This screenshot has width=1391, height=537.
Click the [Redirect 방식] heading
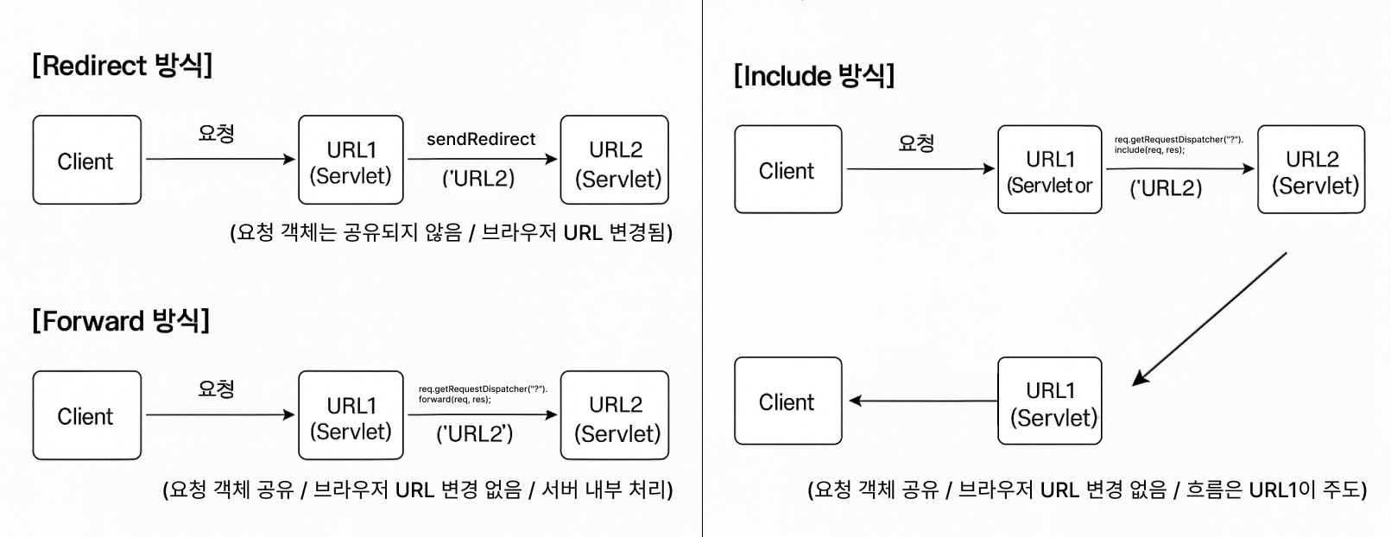[122, 66]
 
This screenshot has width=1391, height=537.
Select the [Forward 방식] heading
[121, 321]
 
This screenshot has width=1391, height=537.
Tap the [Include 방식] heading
[813, 76]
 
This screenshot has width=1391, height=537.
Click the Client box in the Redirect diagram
[86, 161]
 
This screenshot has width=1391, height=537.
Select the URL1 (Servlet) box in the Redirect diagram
[351, 161]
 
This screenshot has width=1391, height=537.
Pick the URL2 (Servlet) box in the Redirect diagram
[615, 161]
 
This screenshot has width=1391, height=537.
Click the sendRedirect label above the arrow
[481, 139]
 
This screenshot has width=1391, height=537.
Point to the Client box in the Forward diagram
[86, 415]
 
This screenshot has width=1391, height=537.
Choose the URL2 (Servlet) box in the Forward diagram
[615, 415]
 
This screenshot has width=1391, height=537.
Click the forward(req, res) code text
[455, 400]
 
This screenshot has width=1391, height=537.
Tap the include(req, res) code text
[1149, 150]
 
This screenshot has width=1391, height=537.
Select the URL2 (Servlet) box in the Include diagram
[1311, 170]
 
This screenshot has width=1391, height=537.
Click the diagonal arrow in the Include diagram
[1209, 319]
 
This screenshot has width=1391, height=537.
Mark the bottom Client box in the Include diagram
[787, 401]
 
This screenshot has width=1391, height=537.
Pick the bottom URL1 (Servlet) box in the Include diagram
[1050, 401]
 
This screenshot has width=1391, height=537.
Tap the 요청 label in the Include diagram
[916, 143]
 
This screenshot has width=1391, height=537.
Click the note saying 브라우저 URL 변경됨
[451, 232]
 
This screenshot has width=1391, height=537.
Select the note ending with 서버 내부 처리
[418, 490]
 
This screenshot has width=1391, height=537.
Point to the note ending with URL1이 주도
[1087, 490]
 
